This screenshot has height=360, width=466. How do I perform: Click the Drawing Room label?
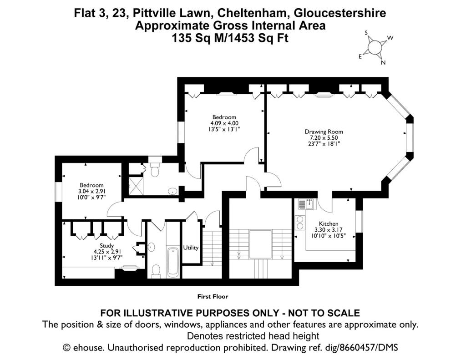point(324,132)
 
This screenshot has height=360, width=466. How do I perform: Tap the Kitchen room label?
point(329,223)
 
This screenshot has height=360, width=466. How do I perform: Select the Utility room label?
point(191,248)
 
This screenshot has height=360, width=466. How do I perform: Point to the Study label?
point(106,246)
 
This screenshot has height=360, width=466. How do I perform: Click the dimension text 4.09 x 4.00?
point(224,123)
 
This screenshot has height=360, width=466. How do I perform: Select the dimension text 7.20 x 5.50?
point(324,138)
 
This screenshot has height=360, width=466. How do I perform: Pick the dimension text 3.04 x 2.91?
point(91,191)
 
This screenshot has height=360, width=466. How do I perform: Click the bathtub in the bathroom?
point(172,262)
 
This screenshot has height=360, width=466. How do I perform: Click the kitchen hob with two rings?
point(300,223)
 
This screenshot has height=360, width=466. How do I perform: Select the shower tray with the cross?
point(136,186)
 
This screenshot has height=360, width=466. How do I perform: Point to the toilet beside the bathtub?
point(156,271)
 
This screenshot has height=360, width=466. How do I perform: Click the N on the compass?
point(383,63)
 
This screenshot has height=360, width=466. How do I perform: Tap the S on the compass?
point(367,33)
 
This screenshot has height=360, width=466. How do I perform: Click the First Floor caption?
point(213,296)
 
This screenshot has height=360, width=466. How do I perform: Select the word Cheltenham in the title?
point(253,13)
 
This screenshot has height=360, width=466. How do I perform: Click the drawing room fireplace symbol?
point(324,95)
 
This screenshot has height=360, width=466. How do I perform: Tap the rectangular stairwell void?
point(261,244)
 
